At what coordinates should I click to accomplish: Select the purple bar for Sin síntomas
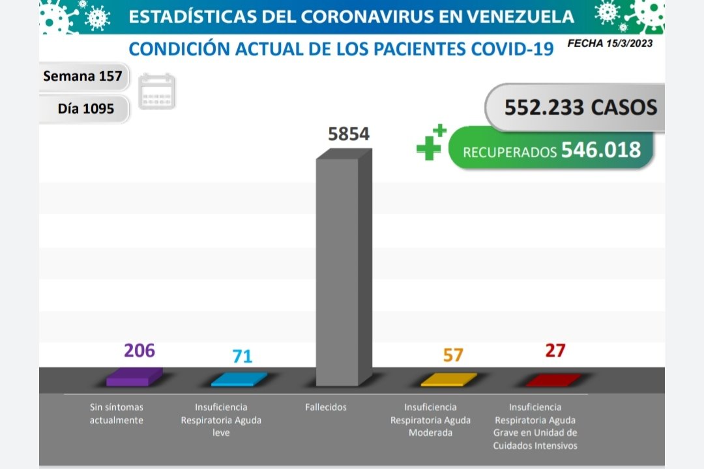pos(134,376)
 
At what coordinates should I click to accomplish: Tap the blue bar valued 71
pos(239,379)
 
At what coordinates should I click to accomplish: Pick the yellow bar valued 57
pos(448,379)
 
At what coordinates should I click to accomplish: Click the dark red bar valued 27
pos(552,379)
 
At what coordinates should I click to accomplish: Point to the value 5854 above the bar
pos(348,134)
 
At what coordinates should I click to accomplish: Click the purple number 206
pos(139,350)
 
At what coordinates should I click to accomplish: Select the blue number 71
pos(242,356)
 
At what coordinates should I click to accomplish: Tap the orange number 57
pos(452,356)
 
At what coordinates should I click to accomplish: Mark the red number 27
pos(555,350)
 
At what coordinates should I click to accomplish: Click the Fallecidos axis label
pos(326,407)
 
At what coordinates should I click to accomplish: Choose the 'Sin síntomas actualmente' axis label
pos(116,414)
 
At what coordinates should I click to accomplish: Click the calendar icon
pos(157,91)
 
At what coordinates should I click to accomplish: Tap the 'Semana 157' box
pos(83,76)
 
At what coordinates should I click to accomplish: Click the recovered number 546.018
pos(600,150)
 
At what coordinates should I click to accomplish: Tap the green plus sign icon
pos(430,142)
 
